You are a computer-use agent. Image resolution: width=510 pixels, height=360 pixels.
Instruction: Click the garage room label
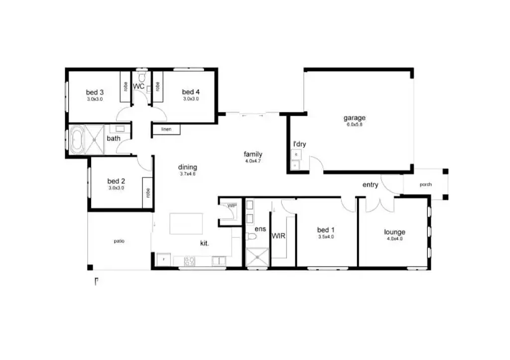(354, 118)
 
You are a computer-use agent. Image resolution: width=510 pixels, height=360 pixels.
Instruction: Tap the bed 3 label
(95, 92)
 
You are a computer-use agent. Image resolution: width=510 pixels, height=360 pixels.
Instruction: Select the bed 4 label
(191, 92)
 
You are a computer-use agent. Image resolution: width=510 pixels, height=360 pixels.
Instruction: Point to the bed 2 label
(116, 181)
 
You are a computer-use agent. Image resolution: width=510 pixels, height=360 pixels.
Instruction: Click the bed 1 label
(326, 230)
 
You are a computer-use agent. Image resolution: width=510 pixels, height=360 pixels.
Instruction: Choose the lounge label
(394, 232)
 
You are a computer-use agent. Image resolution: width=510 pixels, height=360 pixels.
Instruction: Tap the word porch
(425, 185)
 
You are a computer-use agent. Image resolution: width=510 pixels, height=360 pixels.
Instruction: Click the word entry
(370, 185)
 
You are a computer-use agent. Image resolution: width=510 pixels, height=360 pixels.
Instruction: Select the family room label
(253, 154)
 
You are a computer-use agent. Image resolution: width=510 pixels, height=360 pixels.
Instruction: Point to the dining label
(188, 167)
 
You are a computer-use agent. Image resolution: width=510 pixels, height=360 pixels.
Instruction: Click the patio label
(119, 241)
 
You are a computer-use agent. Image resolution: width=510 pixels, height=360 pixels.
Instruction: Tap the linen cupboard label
(166, 129)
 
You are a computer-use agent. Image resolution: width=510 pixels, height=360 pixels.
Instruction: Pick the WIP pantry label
(232, 205)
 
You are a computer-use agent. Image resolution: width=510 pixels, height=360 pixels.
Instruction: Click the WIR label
(278, 236)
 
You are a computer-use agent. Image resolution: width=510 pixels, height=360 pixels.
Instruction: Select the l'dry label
(299, 144)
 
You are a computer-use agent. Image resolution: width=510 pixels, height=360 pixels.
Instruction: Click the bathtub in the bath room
(78, 141)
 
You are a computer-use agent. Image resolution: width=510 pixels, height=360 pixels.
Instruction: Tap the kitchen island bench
(186, 224)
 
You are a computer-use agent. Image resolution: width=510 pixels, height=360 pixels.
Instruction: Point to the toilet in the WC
(142, 77)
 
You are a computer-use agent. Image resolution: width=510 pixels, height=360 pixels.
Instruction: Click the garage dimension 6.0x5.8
(354, 124)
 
